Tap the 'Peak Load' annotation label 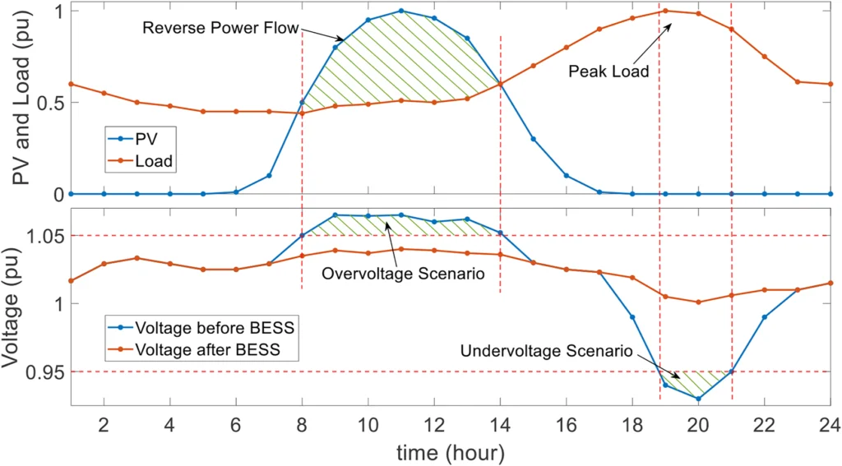tap(608, 72)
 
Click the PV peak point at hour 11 tap(401, 11)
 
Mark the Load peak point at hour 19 tap(665, 11)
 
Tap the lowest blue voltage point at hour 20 tap(698, 399)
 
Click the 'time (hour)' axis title tap(449, 451)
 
